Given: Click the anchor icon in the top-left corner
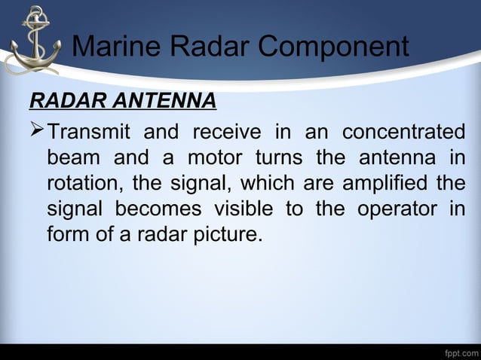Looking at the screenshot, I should click(32, 41).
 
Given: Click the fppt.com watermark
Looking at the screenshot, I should click(461, 352).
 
